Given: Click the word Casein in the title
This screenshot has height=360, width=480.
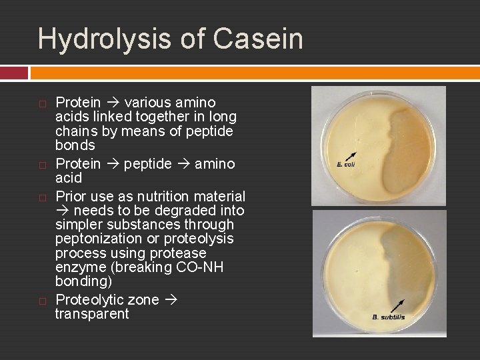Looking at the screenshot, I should click(259, 39).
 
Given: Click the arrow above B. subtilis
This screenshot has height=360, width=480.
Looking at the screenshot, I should click(397, 305).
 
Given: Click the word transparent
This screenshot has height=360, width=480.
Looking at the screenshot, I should click(92, 314).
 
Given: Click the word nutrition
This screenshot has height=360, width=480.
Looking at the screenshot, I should click(167, 197).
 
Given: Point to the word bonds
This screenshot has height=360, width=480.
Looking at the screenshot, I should click(75, 145).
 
